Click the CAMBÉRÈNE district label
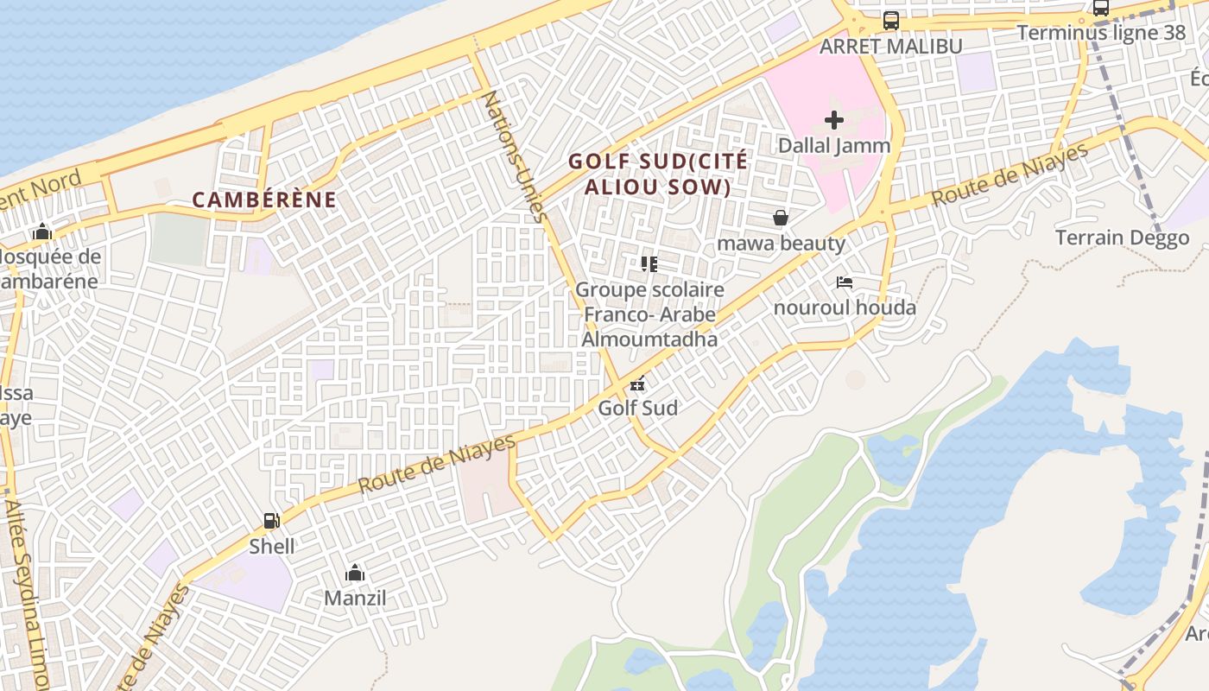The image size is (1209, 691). [263, 200]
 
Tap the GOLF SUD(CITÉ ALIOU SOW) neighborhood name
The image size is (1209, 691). [658, 174]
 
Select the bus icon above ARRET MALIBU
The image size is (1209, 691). [890, 21]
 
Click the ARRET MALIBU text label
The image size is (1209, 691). [890, 47]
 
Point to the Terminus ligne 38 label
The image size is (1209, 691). [1101, 33]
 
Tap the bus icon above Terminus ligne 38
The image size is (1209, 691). [1101, 9]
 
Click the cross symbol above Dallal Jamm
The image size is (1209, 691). [833, 120]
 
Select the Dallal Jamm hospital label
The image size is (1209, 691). [833, 145]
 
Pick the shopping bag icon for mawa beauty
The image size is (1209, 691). [781, 218]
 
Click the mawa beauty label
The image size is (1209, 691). [781, 243]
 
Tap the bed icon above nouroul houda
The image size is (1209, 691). [845, 282]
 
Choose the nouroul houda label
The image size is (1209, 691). [845, 307]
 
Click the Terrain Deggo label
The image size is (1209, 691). [1122, 238]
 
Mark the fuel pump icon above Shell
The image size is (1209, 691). [271, 521]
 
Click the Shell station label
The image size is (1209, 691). [271, 546]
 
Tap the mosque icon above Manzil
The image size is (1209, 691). [355, 573]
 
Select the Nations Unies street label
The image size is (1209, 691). [513, 156]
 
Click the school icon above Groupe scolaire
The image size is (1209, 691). [649, 264]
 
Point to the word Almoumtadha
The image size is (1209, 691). [649, 339]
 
